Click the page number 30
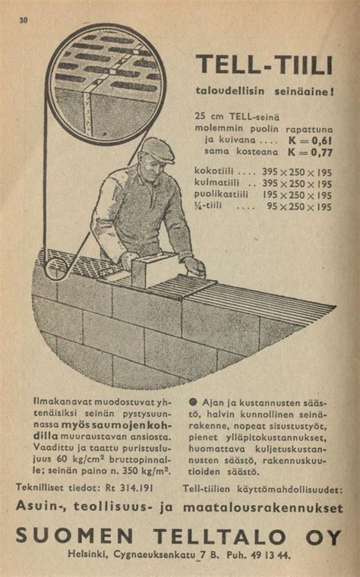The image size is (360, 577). coord(24,20)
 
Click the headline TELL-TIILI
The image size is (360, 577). coord(264,65)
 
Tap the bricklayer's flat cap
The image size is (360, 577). coord(157,150)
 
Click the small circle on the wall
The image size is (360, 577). coord(54,268)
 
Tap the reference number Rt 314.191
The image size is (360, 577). coord(129,489)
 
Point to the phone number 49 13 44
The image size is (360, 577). coord(270,555)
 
